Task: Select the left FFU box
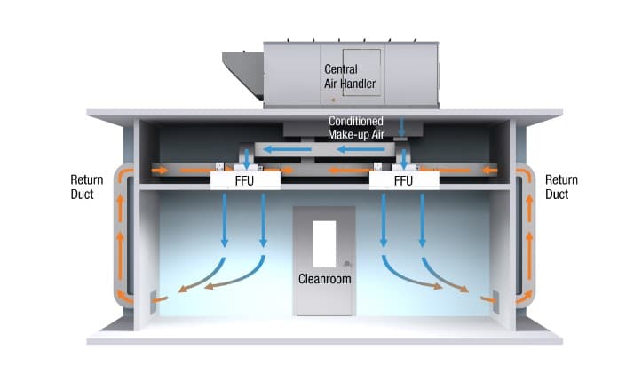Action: pos(245,179)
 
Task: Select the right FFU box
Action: pos(404,179)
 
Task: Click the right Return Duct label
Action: pos(560,187)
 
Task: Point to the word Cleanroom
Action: pos(324,279)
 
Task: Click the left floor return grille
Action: pos(154,297)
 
